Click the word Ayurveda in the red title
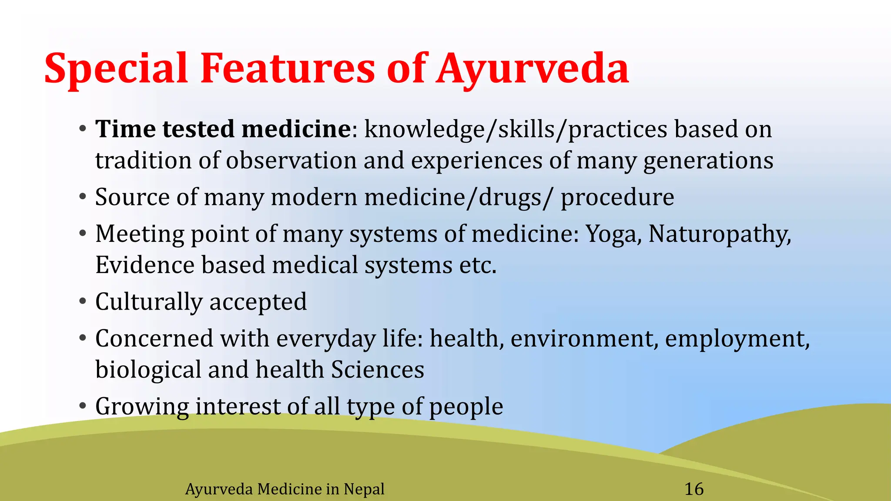pos(533,69)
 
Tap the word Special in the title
pos(116,69)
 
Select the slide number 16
pos(694,489)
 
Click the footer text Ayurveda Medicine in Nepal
pos(285,489)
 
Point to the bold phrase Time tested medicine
pos(223,129)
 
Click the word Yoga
pos(613,234)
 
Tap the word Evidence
pos(144,265)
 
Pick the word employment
pos(737,339)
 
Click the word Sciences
pos(377,370)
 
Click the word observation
pos(291,160)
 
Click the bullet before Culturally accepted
pos(83,301)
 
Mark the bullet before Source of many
pos(83,197)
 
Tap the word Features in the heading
pos(287,69)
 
